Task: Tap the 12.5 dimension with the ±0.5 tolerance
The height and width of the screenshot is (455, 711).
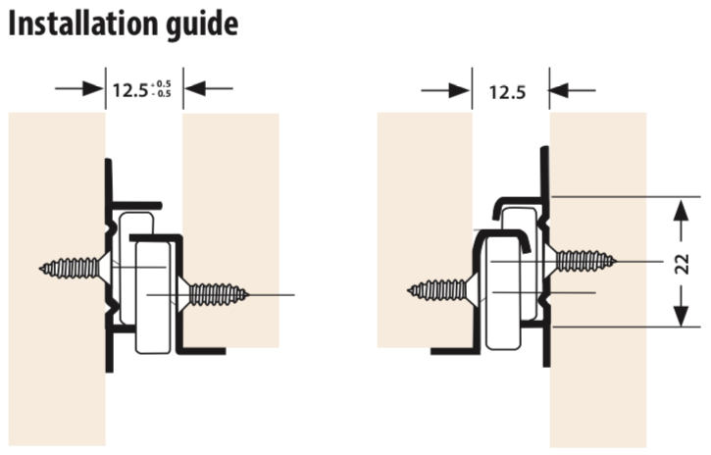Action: [x=141, y=89]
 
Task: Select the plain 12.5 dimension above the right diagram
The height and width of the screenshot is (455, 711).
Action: [x=507, y=92]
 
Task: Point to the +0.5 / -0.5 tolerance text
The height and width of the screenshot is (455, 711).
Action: [x=161, y=89]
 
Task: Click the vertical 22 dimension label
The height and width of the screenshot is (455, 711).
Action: [x=682, y=264]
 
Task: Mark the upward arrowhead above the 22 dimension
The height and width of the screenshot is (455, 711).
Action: [x=682, y=210]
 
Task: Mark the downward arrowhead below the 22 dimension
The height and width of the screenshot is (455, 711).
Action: [x=682, y=316]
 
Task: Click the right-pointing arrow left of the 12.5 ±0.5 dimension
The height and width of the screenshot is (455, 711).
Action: [x=79, y=88]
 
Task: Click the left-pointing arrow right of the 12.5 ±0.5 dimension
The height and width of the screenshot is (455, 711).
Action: [x=209, y=88]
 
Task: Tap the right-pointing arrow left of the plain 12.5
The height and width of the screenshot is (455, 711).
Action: [x=446, y=90]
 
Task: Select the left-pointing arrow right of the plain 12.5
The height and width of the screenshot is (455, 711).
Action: [x=573, y=90]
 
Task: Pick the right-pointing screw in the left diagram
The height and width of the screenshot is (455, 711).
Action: [x=214, y=294]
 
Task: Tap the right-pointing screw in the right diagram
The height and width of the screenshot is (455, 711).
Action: [x=581, y=262]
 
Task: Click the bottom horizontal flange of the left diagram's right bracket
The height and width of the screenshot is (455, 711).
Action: [x=201, y=351]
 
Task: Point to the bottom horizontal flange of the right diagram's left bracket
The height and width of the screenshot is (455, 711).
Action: [x=455, y=351]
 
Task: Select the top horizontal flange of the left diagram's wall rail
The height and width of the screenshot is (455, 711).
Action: [x=136, y=206]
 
